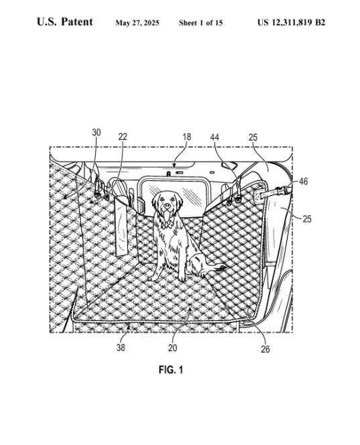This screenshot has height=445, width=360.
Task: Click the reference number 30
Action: pyautogui.click(x=97, y=133)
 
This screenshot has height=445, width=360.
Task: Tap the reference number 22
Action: pyautogui.click(x=123, y=137)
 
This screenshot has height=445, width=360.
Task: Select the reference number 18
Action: pyautogui.click(x=187, y=137)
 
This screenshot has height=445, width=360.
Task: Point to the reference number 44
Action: pyautogui.click(x=215, y=137)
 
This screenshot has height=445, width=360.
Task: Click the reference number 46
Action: pyautogui.click(x=304, y=182)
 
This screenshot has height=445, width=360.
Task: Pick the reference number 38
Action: pyautogui.click(x=121, y=348)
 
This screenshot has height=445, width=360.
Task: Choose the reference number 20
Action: pyautogui.click(x=172, y=348)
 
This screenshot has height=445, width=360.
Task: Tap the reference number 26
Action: pyautogui.click(x=265, y=349)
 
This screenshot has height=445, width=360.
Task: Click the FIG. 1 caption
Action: pyautogui.click(x=171, y=370)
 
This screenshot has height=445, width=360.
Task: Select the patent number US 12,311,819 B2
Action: pyautogui.click(x=291, y=22)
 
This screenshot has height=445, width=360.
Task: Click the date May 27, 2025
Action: pyautogui.click(x=137, y=23)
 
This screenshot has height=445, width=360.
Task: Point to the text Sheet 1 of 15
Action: pyautogui.click(x=200, y=23)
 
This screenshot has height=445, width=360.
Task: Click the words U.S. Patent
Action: pyautogui.click(x=65, y=22)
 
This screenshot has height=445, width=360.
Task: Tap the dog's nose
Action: pyautogui.click(x=167, y=205)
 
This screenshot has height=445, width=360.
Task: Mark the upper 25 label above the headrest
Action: pyautogui.click(x=253, y=137)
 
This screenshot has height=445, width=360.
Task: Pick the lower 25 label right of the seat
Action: pyautogui.click(x=307, y=218)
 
